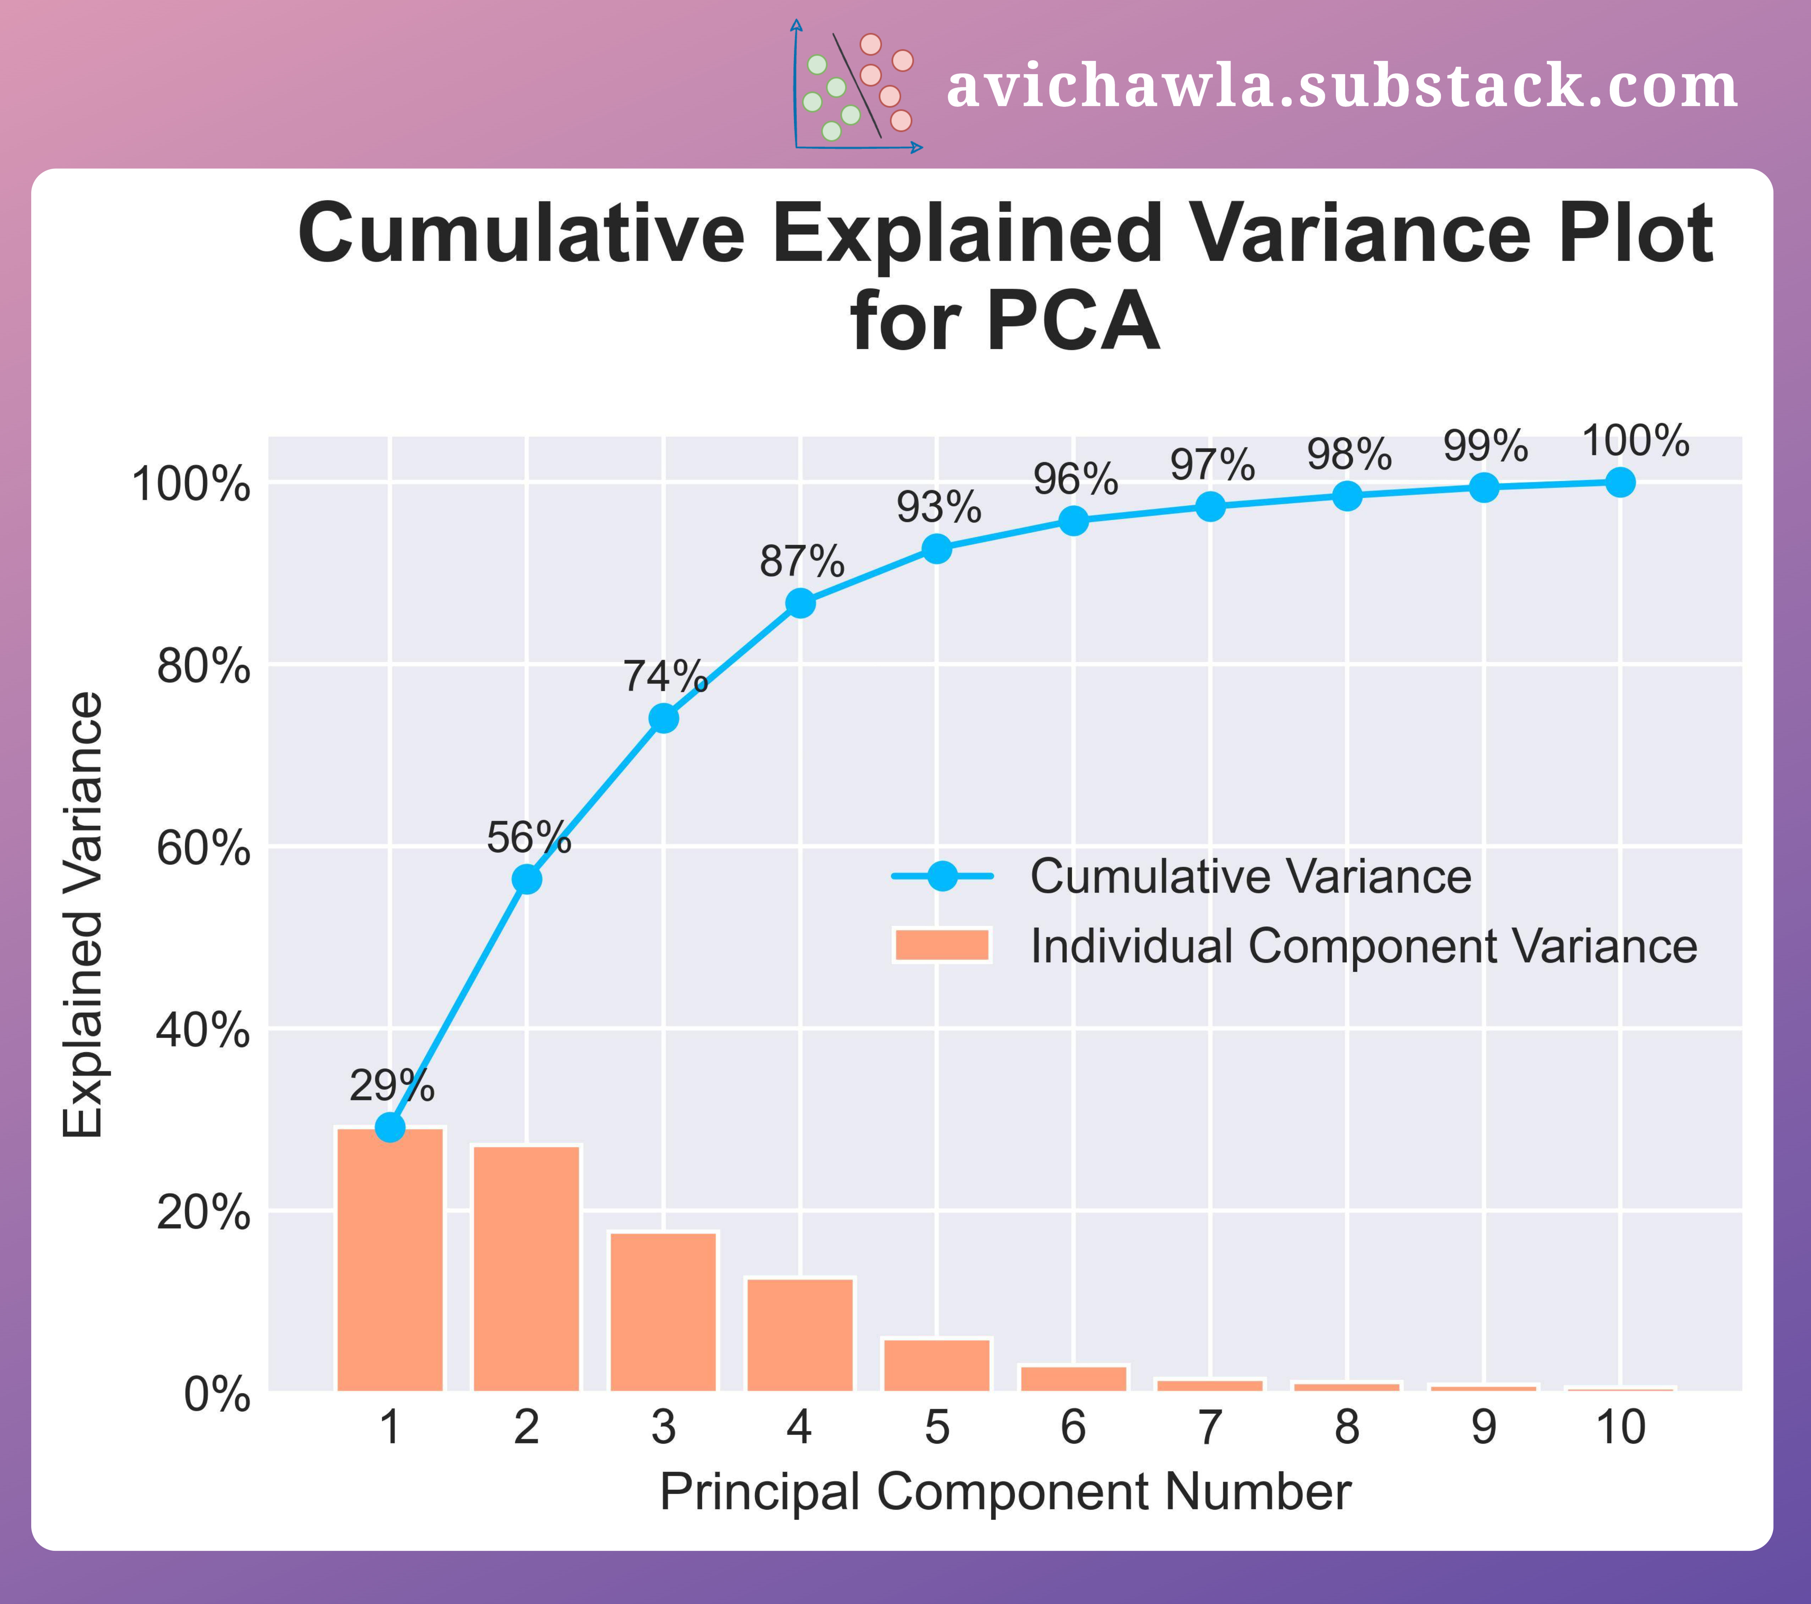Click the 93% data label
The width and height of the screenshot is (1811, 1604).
tap(938, 507)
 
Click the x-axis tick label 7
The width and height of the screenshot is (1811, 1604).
tap(1210, 1428)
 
